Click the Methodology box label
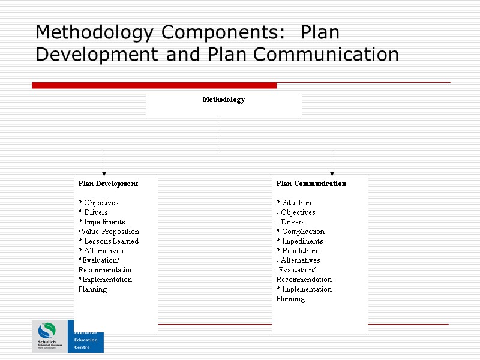pyautogui.click(x=223, y=100)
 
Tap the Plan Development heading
pyautogui.click(x=108, y=184)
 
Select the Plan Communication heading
pyautogui.click(x=311, y=184)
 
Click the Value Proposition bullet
pyautogui.click(x=109, y=232)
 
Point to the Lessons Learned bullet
pyautogui.click(x=109, y=241)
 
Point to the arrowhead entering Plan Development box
pyautogui.click(x=104, y=173)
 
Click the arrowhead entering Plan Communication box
pyautogui.click(x=332, y=173)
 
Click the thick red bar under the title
pyautogui.click(x=154, y=85)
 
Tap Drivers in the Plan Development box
pyautogui.click(x=95, y=212)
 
